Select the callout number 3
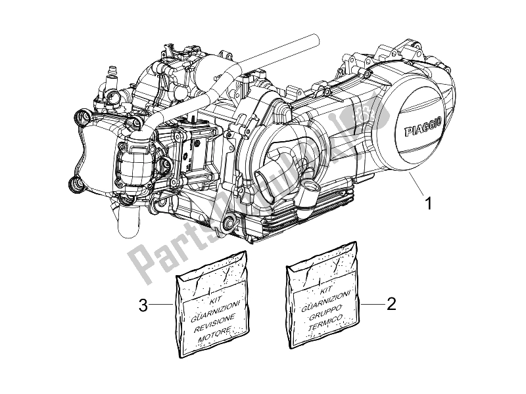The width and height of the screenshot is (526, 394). pos(142,304)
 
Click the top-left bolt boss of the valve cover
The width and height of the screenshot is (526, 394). pos(82,118)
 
